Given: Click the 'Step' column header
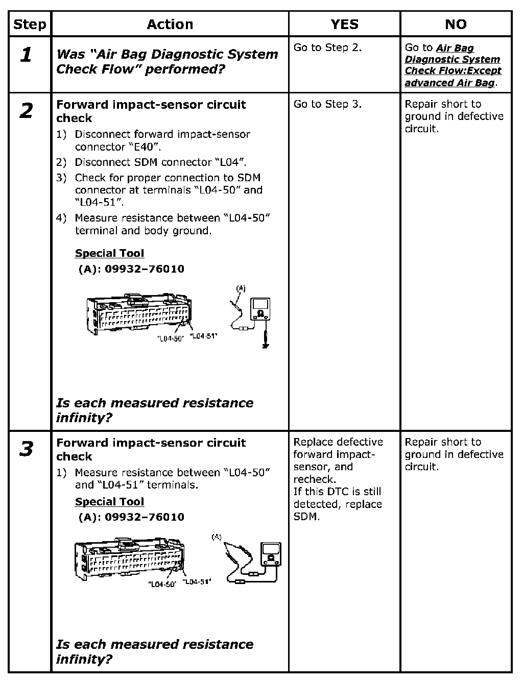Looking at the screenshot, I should point(30,24).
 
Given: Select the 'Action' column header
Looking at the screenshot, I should point(170,24).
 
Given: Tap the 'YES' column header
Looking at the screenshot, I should point(344,24).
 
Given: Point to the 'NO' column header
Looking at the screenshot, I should point(456,24).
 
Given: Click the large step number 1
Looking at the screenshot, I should point(26,55).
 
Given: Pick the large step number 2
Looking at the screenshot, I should point(26,111).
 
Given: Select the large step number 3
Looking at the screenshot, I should point(26,449).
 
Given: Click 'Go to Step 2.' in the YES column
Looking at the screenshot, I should point(327,47).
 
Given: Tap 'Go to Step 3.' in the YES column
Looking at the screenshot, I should point(327,104).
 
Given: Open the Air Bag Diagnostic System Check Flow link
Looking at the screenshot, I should point(453,65).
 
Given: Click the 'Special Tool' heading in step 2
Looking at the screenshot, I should point(109,253).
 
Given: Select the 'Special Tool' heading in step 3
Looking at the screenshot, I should point(109,502).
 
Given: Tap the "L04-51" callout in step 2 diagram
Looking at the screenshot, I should point(203,335).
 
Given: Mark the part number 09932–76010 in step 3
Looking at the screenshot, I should point(144,517).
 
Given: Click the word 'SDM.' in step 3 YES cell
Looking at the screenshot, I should point(306,517).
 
